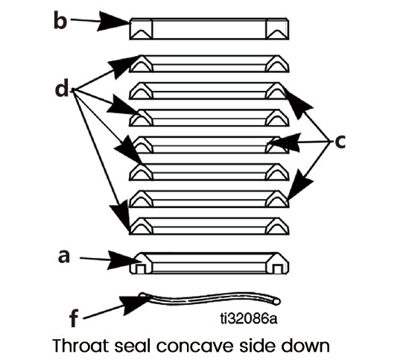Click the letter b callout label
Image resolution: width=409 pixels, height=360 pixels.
(60, 20)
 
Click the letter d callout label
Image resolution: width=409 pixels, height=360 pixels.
(62, 88)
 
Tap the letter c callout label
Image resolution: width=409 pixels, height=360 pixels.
(340, 142)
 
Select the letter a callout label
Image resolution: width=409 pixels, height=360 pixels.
(64, 256)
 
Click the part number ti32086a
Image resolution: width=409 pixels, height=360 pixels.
(249, 318)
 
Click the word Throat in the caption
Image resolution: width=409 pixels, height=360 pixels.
(80, 345)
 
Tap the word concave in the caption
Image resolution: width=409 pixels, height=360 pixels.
(194, 346)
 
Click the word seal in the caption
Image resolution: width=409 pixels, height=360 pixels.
(133, 345)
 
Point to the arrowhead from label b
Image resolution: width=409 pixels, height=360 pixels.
(113, 22)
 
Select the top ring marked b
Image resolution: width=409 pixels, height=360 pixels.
(209, 29)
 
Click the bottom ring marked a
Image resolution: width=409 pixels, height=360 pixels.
(209, 263)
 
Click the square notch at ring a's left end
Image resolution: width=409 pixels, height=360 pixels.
(141, 269)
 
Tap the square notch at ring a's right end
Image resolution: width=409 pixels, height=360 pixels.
(277, 269)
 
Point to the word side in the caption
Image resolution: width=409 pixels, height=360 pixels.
(257, 345)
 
